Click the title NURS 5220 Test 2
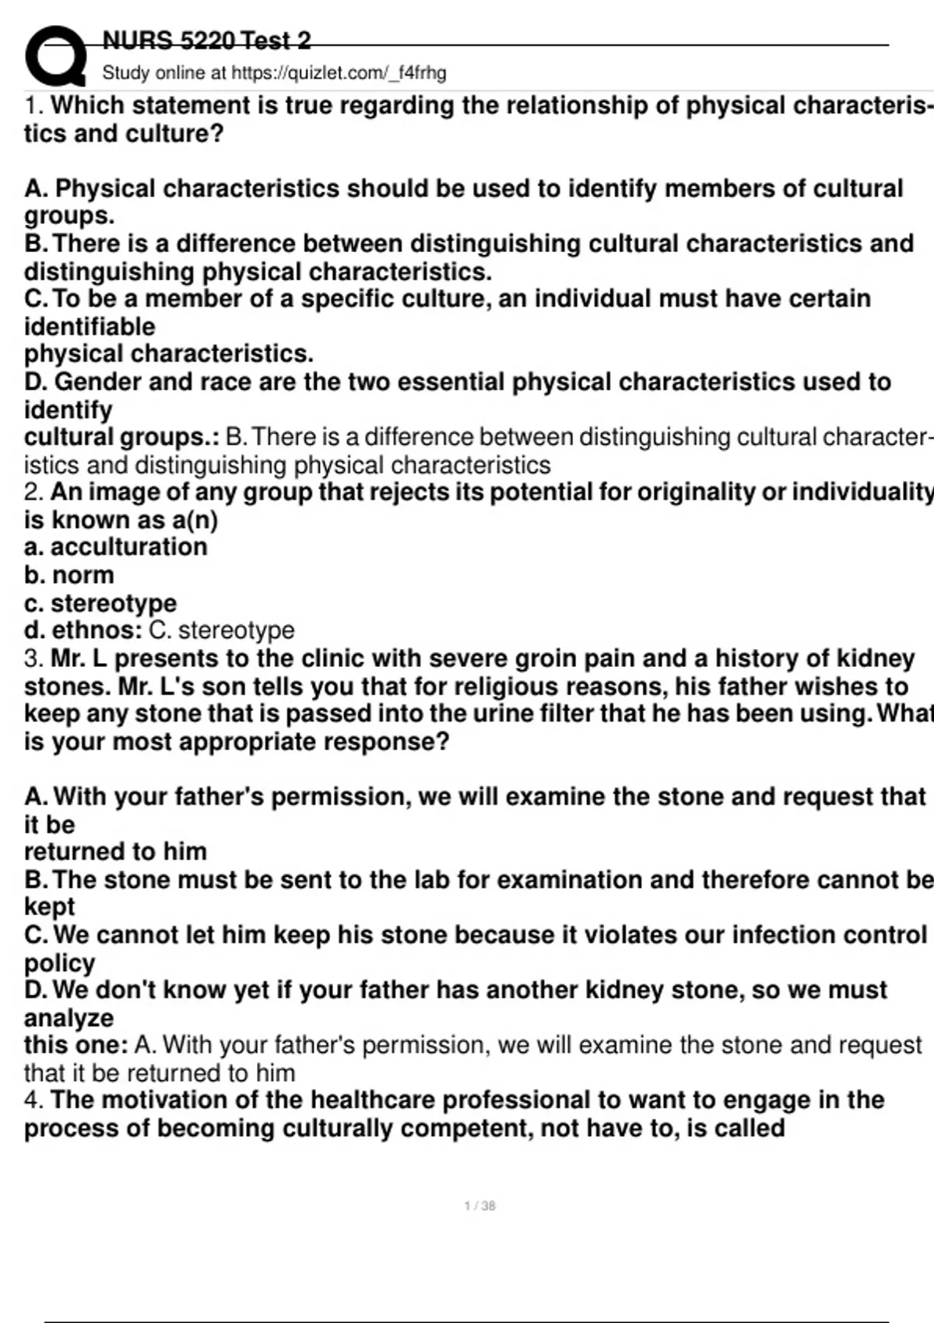tap(206, 40)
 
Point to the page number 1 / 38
tap(479, 1205)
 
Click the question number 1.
tap(33, 106)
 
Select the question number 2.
tap(33, 493)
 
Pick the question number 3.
tap(33, 659)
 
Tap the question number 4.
tap(33, 1100)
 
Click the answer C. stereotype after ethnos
tap(221, 630)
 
